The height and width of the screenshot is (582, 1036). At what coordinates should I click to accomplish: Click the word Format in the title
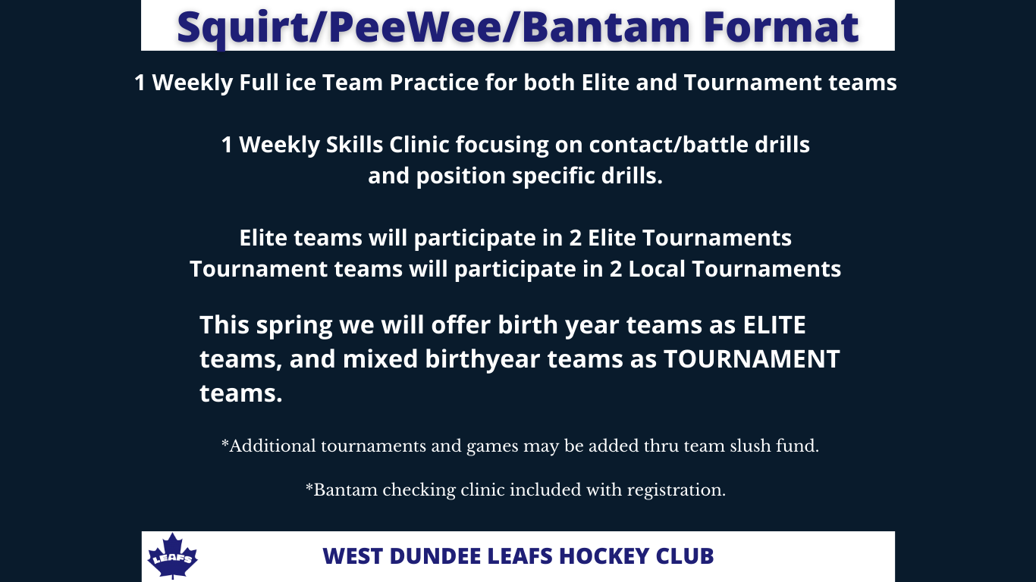pyautogui.click(x=781, y=27)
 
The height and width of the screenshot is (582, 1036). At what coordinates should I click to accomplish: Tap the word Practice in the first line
pyautogui.click(x=434, y=83)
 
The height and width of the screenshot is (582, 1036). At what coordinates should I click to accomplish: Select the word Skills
pyautogui.click(x=354, y=145)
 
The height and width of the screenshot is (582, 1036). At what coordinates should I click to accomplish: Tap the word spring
pyautogui.click(x=294, y=326)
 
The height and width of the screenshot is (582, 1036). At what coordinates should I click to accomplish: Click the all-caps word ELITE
pyautogui.click(x=774, y=324)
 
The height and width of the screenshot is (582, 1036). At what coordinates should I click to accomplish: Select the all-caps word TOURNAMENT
pyautogui.click(x=752, y=358)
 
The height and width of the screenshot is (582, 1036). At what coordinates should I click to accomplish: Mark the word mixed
pyautogui.click(x=380, y=358)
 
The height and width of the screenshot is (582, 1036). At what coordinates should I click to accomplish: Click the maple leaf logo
pyautogui.click(x=172, y=555)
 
